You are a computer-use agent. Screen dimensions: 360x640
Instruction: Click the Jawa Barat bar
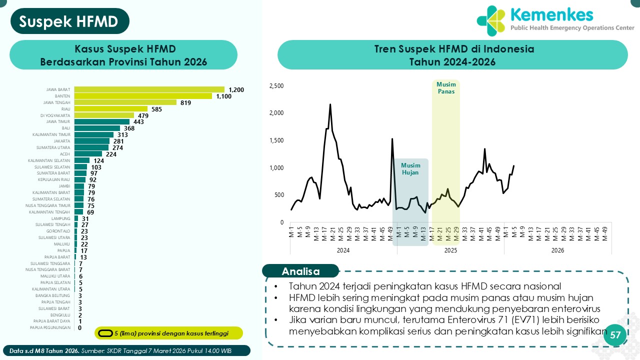pyautogui.click(x=149, y=89)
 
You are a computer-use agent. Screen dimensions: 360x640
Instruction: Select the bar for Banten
pyautogui.click(x=143, y=96)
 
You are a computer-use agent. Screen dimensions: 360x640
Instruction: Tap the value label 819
pyautogui.click(x=186, y=102)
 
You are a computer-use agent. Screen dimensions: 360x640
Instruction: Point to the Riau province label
pyautogui.click(x=65, y=109)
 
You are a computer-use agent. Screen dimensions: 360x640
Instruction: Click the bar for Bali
pyautogui.click(x=97, y=128)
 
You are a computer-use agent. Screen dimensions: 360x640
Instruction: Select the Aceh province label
pyautogui.click(x=65, y=154)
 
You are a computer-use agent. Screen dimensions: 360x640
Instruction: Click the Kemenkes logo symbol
pyautogui.click(x=491, y=20)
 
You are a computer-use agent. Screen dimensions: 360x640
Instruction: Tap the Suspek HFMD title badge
pyautogui.click(x=69, y=21)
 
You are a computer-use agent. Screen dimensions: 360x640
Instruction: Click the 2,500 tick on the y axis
pyautogui.click(x=276, y=86)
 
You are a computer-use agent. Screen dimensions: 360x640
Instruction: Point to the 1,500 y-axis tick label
pyautogui.click(x=276, y=140)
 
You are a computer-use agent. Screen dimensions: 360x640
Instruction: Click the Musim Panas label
pyautogui.click(x=446, y=88)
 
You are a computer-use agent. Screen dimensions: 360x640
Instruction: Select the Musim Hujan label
pyautogui.click(x=410, y=169)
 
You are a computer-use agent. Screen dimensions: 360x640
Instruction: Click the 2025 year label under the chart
pyautogui.click(x=451, y=250)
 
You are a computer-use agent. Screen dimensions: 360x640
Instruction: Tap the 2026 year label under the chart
pyautogui.click(x=557, y=250)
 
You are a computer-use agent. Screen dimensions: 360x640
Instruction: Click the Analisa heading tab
pyautogui.click(x=300, y=271)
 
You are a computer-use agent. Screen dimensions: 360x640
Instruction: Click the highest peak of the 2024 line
pyautogui.click(x=330, y=104)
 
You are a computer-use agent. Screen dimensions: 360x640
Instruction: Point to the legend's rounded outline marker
pyautogui.click(x=105, y=333)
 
